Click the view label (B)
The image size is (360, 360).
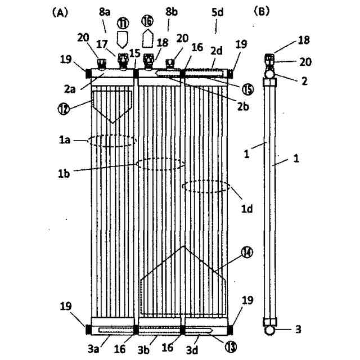click(262, 12)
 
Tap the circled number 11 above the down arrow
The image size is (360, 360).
click(123, 23)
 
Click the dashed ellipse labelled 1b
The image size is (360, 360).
click(161, 164)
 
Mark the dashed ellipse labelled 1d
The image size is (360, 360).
click(206, 186)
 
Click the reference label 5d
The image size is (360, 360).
click(217, 25)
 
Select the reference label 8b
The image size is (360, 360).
click(169, 26)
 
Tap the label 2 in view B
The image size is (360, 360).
click(304, 80)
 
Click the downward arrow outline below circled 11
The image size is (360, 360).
click(123, 39)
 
